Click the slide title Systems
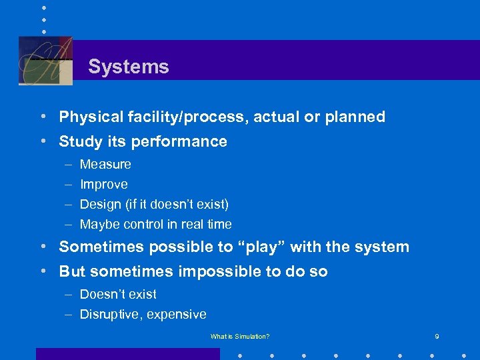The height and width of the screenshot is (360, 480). (128, 67)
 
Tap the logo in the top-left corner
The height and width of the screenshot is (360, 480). (45, 61)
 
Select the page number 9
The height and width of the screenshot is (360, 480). (437, 337)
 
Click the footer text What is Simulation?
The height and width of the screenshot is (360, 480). (240, 337)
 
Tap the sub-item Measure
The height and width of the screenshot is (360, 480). (105, 164)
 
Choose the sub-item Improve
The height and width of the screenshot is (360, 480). (103, 184)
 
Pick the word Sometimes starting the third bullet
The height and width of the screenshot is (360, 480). (101, 247)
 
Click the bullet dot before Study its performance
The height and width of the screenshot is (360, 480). (43, 142)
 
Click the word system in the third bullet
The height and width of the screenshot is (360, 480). (383, 247)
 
